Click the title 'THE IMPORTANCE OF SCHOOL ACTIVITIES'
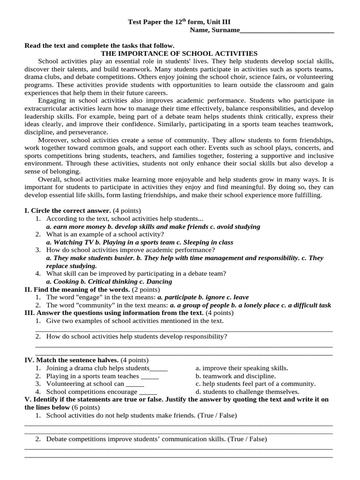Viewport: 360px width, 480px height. point(180,53)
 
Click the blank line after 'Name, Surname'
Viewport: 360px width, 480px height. point(286,30)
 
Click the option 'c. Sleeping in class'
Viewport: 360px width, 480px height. point(204,242)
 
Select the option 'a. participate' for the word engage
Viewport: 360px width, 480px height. point(177,297)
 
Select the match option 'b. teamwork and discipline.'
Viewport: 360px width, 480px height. point(235,376)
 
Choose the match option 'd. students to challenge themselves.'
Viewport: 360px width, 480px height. point(247,392)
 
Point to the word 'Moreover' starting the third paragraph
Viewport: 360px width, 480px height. point(52,140)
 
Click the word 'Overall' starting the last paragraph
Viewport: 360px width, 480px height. point(50,180)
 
